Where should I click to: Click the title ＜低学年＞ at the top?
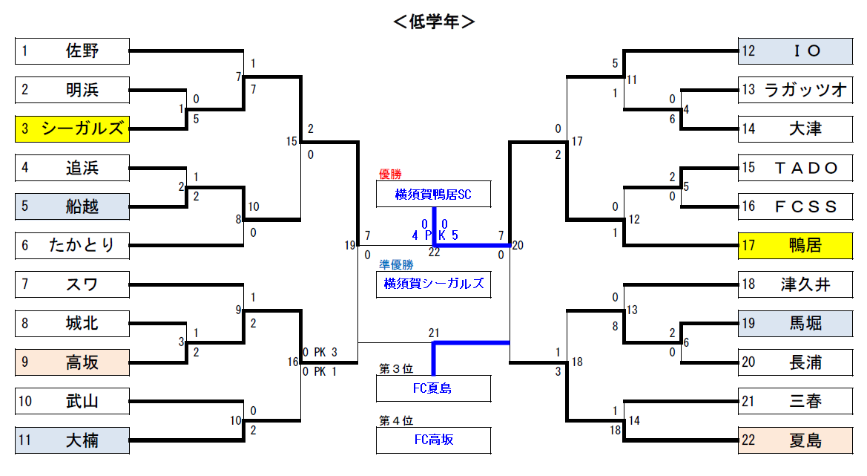point(433,22)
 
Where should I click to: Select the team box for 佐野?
point(72,51)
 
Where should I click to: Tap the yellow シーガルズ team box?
point(72,129)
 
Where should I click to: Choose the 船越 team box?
point(72,206)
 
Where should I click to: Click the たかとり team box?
point(72,245)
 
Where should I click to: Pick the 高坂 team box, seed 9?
point(72,362)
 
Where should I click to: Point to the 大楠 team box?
point(72,440)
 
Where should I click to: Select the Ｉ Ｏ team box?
point(795,51)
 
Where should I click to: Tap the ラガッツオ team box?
point(795,90)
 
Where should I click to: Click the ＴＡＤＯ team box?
point(795,168)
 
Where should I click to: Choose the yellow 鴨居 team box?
point(795,245)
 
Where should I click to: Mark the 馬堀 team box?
point(795,323)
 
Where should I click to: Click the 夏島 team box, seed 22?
point(795,440)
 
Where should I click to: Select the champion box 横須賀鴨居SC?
point(433,194)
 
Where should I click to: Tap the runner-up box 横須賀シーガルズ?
point(433,284)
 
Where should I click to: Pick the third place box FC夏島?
point(433,388)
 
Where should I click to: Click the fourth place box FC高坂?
point(433,440)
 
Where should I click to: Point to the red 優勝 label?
point(390,174)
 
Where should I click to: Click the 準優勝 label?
point(396,264)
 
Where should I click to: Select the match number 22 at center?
point(434,252)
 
